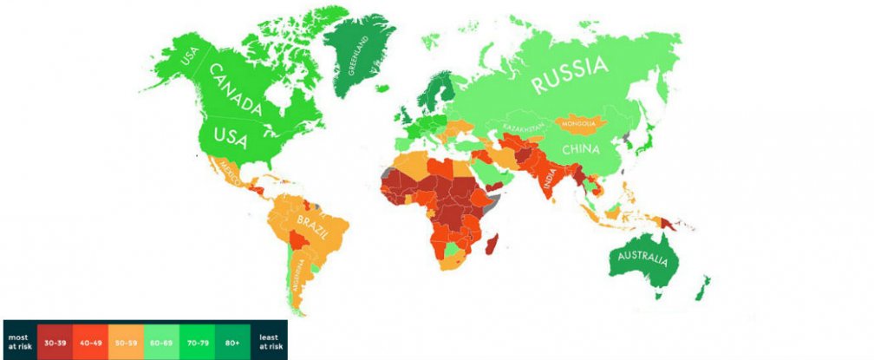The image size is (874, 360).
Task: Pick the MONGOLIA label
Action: [x=578, y=124]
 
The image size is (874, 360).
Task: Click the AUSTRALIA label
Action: [x=642, y=259]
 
